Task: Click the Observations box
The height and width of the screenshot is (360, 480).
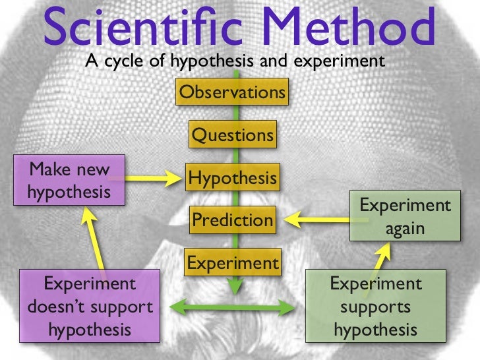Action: tap(232, 92)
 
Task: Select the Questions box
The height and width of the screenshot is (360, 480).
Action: tap(232, 135)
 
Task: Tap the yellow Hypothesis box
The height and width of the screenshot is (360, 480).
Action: tap(232, 178)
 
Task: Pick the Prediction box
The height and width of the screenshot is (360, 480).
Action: tap(232, 220)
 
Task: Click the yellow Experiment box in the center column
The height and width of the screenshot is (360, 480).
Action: tap(233, 263)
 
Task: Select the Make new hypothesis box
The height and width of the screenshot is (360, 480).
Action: tap(69, 180)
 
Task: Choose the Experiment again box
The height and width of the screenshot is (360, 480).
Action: tap(405, 216)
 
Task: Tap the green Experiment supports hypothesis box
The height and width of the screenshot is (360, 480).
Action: tap(376, 306)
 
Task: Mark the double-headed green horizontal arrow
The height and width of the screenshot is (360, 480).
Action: tap(232, 306)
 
